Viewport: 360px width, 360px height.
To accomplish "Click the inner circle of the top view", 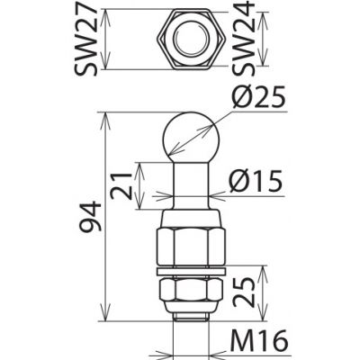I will tap(190, 40).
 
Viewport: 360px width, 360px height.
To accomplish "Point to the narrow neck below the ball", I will tap(190, 184).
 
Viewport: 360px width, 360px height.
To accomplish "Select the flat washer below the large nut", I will tap(190, 271).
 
